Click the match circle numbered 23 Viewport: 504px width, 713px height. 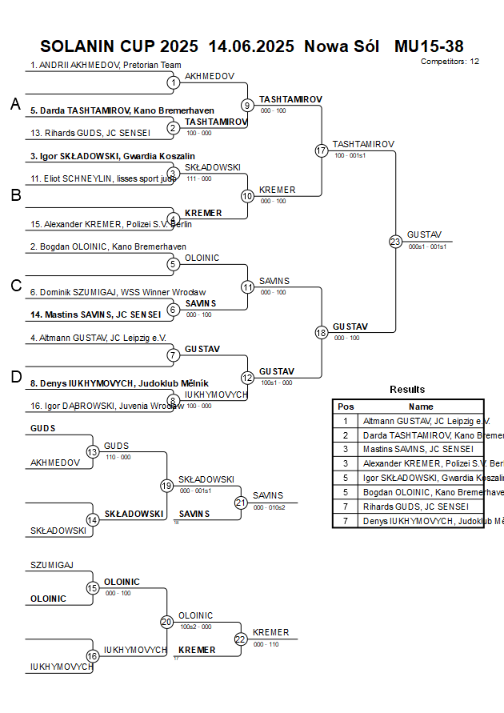coord(395,241)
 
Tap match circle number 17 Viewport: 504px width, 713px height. coord(322,150)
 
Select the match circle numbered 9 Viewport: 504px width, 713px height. coord(247,105)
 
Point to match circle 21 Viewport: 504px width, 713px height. coord(241,503)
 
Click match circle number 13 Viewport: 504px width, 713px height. coord(93,453)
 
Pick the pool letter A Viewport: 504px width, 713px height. coord(15,104)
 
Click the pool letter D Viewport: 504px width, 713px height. coord(15,377)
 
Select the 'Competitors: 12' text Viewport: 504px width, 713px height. coord(450,62)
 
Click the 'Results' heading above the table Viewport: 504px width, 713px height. coord(407,390)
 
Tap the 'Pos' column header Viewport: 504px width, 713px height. coord(346,407)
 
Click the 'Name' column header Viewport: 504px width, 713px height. coord(421,407)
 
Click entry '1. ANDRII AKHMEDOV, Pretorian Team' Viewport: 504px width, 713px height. coord(106,65)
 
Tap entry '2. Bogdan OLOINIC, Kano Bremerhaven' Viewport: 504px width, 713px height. coord(108,246)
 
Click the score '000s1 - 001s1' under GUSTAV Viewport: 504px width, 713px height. coord(427,247)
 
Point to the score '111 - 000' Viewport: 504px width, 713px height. coord(198,178)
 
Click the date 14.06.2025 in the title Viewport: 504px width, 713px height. coord(251,46)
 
